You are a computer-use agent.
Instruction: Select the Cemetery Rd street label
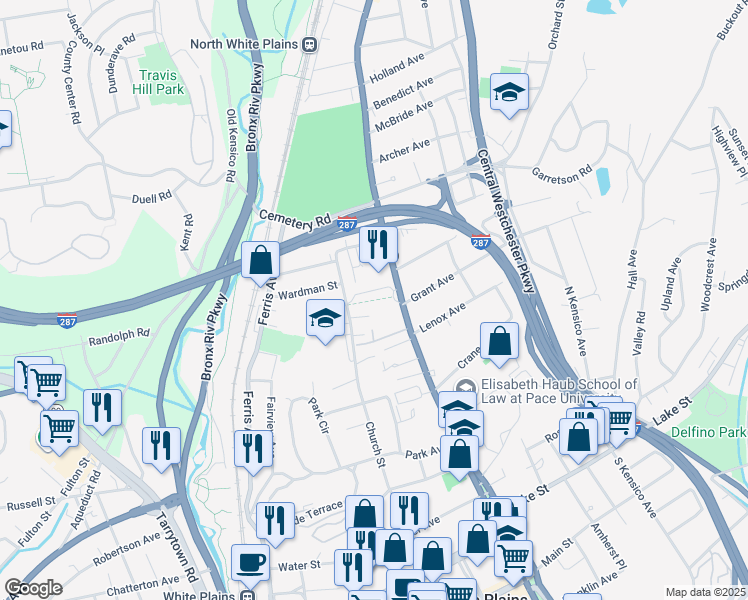coord(294,218)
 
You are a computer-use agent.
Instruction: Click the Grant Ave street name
coord(432,285)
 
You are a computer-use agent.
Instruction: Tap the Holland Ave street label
coord(397,69)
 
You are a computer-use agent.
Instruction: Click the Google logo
coord(33,588)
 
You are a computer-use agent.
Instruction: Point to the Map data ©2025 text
coord(705,592)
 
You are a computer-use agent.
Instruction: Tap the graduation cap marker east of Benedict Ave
coord(510,93)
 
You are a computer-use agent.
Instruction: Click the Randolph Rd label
coord(118,334)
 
